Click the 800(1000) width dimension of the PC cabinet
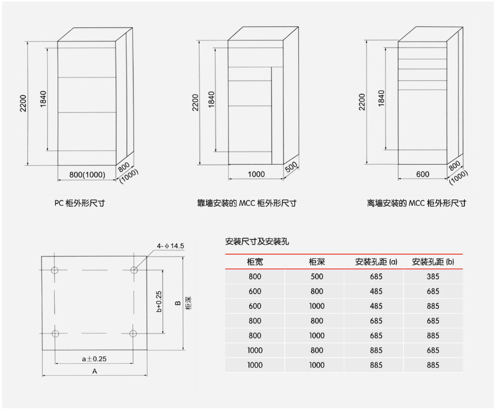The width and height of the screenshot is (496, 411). tap(87, 174)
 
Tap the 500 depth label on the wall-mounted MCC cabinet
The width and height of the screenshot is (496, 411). tap(291, 167)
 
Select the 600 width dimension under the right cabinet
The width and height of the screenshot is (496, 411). tap(422, 174)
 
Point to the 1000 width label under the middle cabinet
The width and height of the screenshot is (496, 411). tap(256, 174)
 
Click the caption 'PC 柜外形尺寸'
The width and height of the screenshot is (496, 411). tap(79, 203)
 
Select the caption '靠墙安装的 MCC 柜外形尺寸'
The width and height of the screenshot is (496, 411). tap(247, 203)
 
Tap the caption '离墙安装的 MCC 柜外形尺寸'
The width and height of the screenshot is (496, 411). tap(416, 203)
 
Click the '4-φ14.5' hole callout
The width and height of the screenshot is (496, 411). tap(170, 246)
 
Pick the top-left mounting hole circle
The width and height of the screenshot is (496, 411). tap(55, 270)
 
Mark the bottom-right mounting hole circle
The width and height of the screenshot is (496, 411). tap(133, 333)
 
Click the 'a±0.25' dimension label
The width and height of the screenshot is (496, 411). tap(94, 359)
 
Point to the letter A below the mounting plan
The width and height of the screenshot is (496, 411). tap(95, 372)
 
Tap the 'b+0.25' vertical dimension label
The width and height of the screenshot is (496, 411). tap(159, 302)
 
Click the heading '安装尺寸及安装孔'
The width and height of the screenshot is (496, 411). tap(257, 242)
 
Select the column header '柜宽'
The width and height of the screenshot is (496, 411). tap(255, 262)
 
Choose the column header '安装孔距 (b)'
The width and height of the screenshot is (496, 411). tap(433, 262)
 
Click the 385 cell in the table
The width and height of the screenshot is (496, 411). tap(433, 276)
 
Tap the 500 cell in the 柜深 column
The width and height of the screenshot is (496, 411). tap(316, 276)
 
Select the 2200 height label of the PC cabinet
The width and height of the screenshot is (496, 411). tap(23, 103)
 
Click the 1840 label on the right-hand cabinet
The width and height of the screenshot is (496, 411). tap(381, 99)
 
